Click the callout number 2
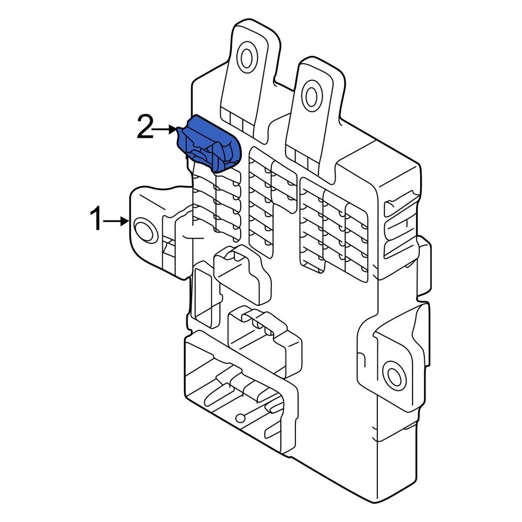(x=146, y=128)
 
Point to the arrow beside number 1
(x=116, y=221)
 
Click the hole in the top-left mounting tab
(x=246, y=58)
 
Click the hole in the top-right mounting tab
(x=312, y=96)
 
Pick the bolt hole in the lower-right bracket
(x=392, y=374)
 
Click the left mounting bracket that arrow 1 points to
(x=151, y=230)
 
